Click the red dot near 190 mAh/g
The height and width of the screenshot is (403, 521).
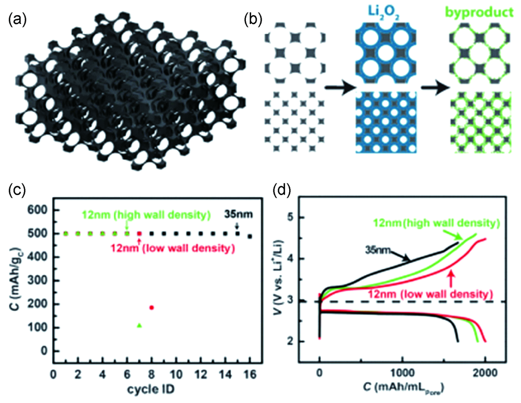point(152,307)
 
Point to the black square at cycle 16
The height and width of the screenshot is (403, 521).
point(250,236)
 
